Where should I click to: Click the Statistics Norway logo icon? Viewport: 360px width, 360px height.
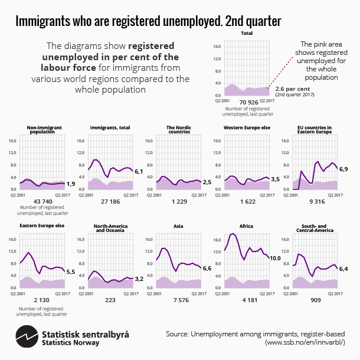point(26,339)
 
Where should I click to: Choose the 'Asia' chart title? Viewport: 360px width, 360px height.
point(178,225)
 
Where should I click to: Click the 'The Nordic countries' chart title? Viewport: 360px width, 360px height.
point(178,129)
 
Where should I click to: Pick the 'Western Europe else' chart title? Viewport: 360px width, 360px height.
point(246,127)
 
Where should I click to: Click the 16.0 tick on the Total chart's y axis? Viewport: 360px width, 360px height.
point(217,45)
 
